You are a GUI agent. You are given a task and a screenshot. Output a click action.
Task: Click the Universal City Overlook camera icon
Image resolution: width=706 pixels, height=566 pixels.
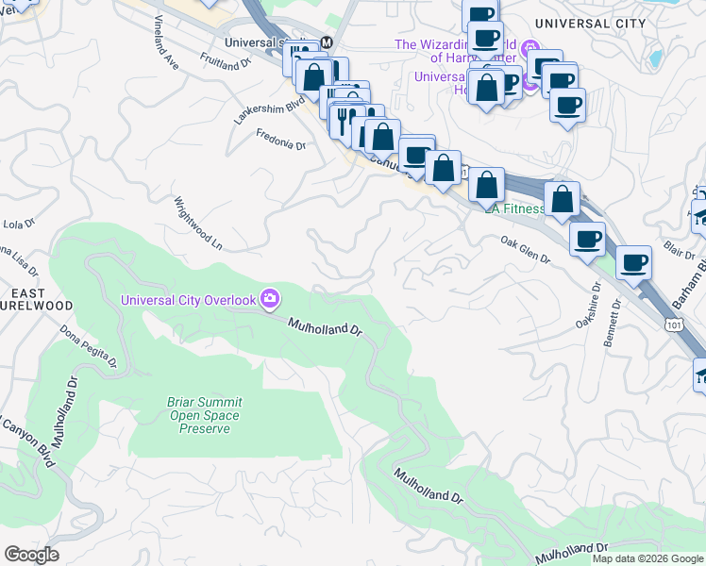[x=271, y=299]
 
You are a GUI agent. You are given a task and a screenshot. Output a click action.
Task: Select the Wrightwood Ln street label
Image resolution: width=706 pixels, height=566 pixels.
[x=197, y=224]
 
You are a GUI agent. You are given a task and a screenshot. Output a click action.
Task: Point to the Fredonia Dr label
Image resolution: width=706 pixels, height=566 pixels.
[x=281, y=140]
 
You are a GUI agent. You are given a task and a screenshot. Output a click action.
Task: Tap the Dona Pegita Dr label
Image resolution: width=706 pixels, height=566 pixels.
[x=88, y=346]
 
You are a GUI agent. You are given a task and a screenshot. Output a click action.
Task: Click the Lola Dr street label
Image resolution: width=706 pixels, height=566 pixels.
[x=18, y=224]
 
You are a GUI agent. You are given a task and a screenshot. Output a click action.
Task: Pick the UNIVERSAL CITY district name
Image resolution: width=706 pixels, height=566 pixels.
[x=589, y=23]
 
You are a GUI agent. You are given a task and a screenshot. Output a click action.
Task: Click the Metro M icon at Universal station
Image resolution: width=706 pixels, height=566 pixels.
[x=327, y=42]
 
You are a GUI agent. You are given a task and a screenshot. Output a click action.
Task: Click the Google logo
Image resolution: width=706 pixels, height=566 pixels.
[x=31, y=555]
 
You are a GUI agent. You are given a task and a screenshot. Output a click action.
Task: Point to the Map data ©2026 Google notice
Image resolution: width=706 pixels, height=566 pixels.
[x=647, y=558]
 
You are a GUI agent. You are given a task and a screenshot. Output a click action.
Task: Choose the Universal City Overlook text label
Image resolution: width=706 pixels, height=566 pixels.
[x=189, y=300]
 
